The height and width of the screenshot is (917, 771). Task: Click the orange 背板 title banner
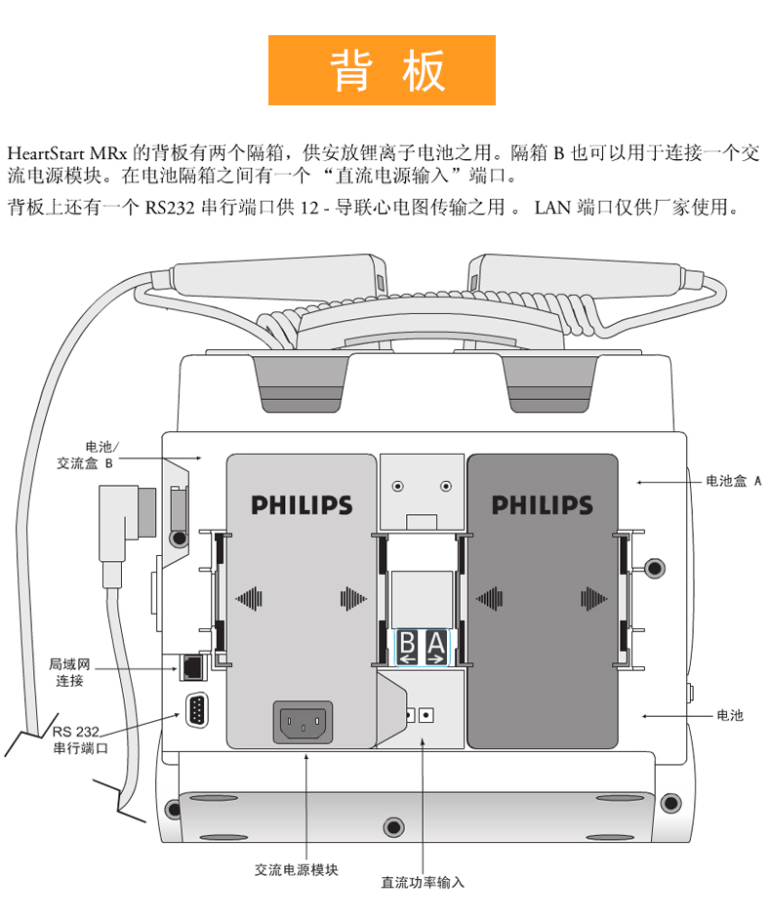(x=382, y=69)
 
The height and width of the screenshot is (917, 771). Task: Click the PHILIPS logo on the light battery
(x=302, y=505)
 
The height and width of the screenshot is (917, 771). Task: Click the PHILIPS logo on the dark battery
(x=542, y=505)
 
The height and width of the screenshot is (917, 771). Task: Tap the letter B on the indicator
(x=406, y=643)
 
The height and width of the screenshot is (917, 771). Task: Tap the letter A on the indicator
(x=435, y=643)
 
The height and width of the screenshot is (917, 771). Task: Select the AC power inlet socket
(x=305, y=723)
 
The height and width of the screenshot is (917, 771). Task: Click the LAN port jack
(x=192, y=667)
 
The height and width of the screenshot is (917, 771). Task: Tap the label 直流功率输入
(x=423, y=882)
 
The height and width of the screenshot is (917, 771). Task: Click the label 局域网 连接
(x=69, y=672)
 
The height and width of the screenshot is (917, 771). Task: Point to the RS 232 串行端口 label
(x=79, y=739)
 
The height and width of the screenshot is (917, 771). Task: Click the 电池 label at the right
(x=729, y=715)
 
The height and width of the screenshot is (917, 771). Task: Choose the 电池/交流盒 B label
(x=86, y=456)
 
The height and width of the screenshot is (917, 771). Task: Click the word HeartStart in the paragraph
(x=45, y=153)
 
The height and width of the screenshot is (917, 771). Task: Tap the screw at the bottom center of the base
(x=392, y=825)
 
